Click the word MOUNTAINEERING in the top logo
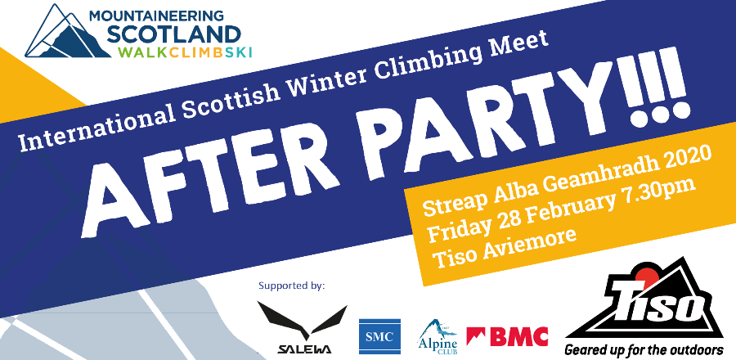[157, 16]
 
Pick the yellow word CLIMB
[193, 52]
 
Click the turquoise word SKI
[238, 52]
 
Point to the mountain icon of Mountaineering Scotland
[65, 32]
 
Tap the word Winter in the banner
[328, 79]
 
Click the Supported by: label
[291, 285]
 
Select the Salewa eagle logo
[303, 326]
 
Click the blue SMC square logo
[379, 336]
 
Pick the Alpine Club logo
[437, 336]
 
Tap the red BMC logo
[507, 336]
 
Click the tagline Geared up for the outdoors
[644, 350]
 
